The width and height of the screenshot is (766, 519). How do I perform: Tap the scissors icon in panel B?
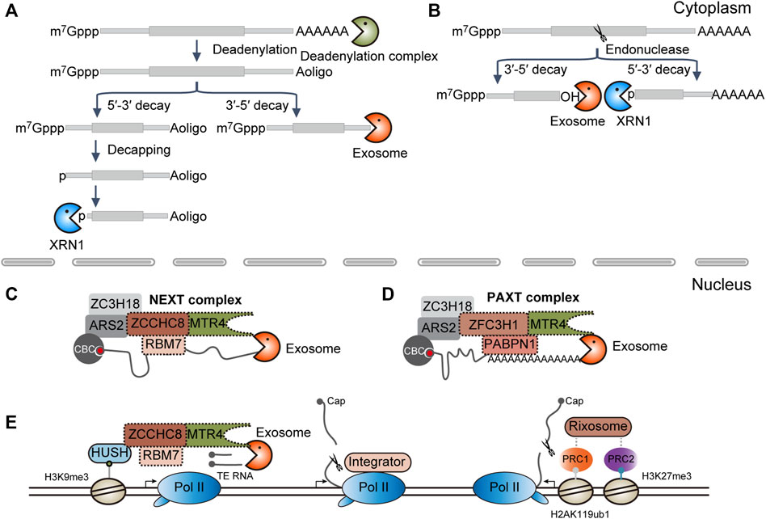(598, 34)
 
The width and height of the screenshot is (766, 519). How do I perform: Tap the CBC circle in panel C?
(90, 353)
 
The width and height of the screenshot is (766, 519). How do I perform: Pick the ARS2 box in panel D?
(437, 327)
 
